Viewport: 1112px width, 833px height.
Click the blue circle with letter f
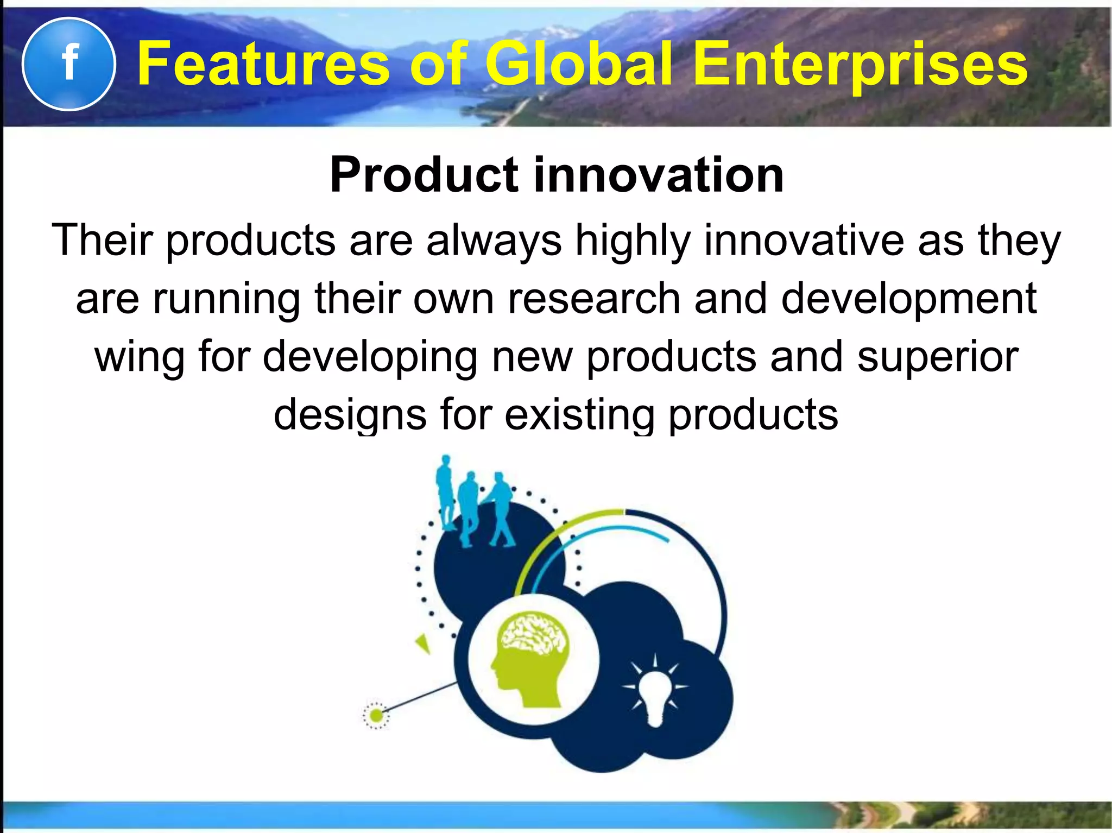point(68,64)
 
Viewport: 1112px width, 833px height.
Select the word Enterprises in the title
point(861,65)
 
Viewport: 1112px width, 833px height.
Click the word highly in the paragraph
point(633,240)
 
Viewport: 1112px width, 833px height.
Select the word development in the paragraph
point(909,299)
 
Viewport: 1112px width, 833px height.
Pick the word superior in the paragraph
point(938,357)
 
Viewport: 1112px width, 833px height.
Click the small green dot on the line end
point(376,715)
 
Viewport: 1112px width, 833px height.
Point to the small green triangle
point(423,644)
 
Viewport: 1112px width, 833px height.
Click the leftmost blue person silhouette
point(446,491)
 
